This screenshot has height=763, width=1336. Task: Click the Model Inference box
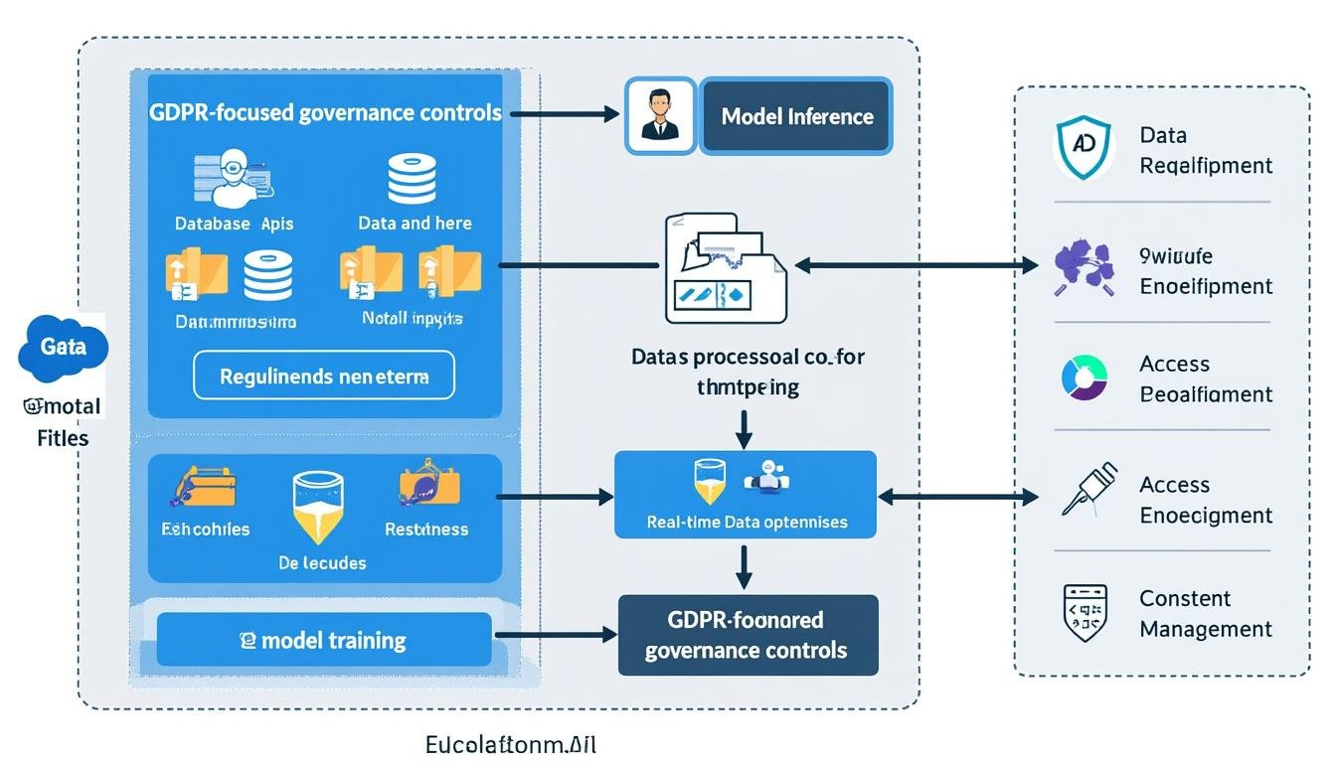click(x=795, y=116)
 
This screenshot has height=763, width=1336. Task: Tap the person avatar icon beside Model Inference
click(x=659, y=116)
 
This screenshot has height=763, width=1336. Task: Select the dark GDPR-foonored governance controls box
click(x=748, y=635)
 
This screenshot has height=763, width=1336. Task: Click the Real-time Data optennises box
click(x=746, y=495)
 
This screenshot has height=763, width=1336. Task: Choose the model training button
click(x=324, y=640)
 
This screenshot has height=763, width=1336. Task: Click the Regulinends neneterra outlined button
click(x=324, y=376)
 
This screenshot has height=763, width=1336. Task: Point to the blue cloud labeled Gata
click(x=63, y=348)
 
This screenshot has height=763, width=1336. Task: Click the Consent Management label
click(x=1205, y=613)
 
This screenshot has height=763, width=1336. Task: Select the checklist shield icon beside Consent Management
click(x=1085, y=612)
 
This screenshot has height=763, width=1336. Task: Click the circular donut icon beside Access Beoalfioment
click(x=1084, y=378)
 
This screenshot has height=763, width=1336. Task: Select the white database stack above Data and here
click(x=413, y=179)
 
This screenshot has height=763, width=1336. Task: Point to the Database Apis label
click(x=235, y=224)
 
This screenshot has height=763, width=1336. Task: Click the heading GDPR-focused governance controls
click(x=325, y=112)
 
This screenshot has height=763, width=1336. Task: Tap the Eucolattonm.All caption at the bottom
click(x=511, y=744)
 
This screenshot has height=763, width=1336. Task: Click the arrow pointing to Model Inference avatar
click(x=565, y=114)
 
